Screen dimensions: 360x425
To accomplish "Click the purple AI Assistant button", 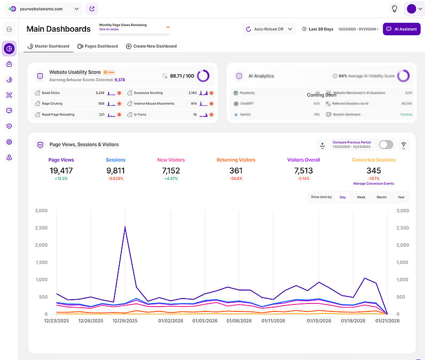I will (401, 29).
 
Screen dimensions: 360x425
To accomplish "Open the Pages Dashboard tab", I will (98, 46).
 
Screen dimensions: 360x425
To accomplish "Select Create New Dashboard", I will (151, 46).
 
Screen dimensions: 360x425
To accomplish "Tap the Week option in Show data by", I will (361, 197).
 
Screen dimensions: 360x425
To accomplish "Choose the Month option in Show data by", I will (381, 197).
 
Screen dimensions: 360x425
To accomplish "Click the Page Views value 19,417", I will (61, 170).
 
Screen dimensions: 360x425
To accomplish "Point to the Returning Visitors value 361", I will (236, 170).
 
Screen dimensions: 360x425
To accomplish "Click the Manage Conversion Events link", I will (374, 184).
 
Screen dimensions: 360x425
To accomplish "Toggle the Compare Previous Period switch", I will (385, 145).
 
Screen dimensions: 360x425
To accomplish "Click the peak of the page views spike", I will (125, 226).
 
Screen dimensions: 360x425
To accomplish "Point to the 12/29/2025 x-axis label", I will (125, 321).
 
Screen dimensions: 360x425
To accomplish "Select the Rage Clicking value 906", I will (101, 104).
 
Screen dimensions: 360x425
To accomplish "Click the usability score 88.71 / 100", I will (182, 76).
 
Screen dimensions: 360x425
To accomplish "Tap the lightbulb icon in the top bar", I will (395, 9).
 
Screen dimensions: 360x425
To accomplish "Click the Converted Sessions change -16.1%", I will (374, 178).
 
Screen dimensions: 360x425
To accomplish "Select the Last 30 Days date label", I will (321, 29).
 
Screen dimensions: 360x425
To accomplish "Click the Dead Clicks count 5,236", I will (99, 93).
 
